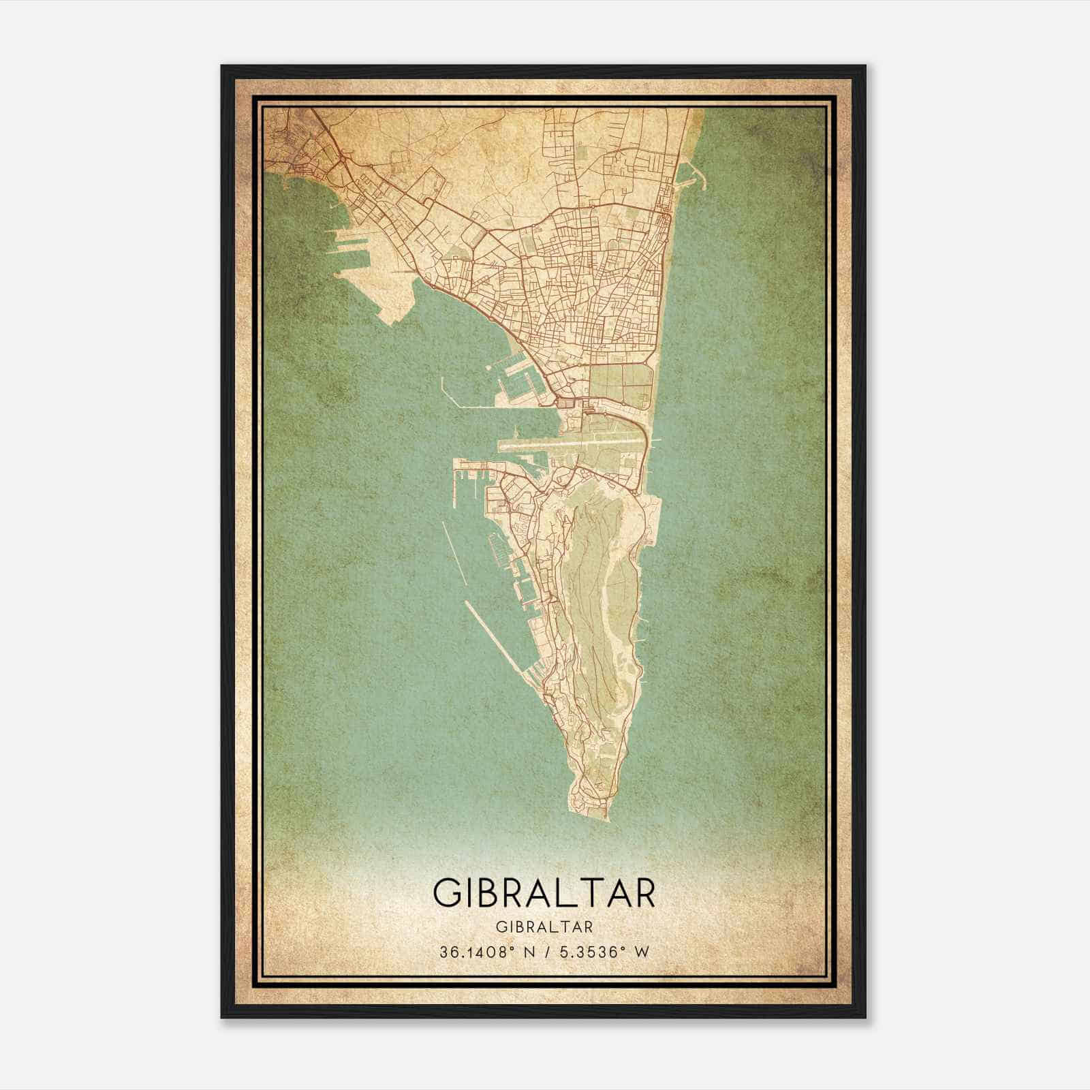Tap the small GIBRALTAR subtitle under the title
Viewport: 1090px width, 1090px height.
(x=544, y=926)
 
